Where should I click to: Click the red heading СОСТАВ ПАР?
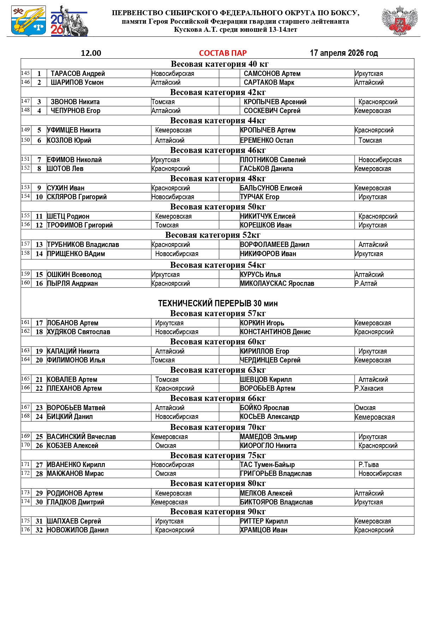pos(223,53)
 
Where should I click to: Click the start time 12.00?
pos(91,53)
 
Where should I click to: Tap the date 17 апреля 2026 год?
pos(344,53)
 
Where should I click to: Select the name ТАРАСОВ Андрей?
pos(78,73)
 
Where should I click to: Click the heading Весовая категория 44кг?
pos(218,120)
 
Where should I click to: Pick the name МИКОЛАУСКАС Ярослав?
pos(277,283)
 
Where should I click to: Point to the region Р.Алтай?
pos(366,283)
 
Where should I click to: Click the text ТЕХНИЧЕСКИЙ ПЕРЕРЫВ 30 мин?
pos(218,303)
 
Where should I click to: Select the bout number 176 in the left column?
pos(25,530)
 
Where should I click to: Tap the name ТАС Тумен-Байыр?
pos(267,465)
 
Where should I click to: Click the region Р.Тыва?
pos(368,465)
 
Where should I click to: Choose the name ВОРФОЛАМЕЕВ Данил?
pos(275,244)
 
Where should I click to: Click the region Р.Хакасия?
pos(369,388)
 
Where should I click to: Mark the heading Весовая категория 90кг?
pos(218,512)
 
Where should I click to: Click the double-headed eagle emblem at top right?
pos(400,20)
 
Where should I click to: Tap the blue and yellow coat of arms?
pos(29,20)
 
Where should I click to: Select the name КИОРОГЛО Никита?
pos(268,445)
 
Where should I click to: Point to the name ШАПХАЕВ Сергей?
pos(74,521)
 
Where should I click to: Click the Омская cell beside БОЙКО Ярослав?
pos(365,408)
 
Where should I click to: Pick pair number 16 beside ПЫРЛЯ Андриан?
pos(39,283)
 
